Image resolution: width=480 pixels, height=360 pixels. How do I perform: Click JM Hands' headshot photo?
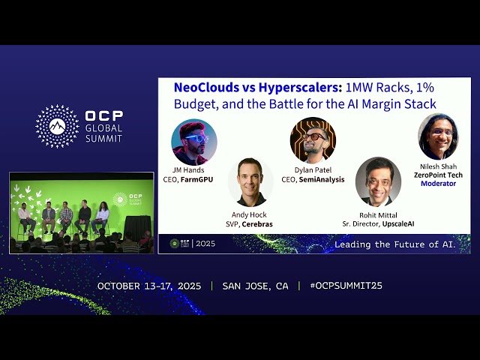click(x=194, y=142)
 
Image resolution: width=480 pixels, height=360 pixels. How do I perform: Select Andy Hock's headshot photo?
click(x=250, y=181)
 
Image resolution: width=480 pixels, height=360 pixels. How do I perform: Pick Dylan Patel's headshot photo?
click(x=313, y=140)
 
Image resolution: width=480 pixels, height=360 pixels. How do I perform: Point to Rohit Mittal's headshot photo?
click(x=378, y=181)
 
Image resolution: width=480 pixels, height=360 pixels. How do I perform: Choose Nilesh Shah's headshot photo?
click(x=438, y=136)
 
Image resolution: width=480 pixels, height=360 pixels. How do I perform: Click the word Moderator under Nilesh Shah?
click(x=438, y=184)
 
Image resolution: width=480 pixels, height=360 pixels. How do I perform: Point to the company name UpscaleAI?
click(x=391, y=224)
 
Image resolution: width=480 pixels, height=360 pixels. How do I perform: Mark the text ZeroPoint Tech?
click(x=439, y=175)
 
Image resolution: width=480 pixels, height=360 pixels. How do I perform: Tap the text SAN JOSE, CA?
click(x=256, y=286)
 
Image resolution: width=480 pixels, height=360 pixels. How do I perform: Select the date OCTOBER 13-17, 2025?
click(x=150, y=286)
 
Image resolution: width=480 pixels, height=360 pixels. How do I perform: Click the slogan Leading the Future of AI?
click(x=394, y=244)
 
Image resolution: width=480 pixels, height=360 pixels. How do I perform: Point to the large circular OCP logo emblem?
click(x=58, y=126)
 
